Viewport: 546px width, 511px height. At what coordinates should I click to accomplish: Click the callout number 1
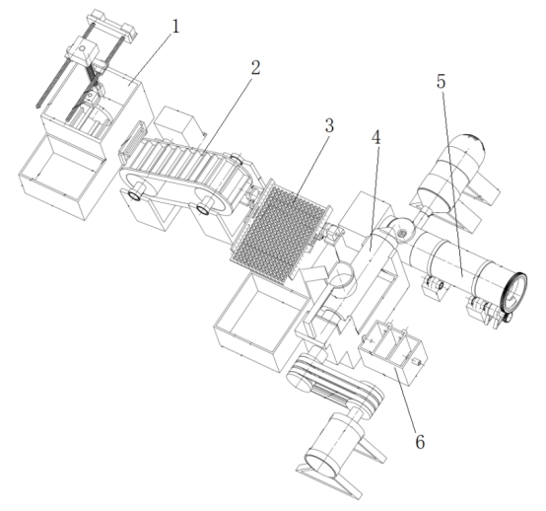pos(175,27)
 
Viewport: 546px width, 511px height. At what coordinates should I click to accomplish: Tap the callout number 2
pos(255,68)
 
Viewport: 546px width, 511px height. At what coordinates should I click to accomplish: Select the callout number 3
pos(329,125)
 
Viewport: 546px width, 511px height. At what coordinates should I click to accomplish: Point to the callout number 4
pos(376,138)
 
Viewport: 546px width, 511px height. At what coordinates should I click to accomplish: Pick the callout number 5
pos(441,82)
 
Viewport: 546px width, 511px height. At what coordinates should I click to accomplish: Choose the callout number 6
pos(420,442)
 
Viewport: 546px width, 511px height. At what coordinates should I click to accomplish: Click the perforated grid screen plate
pos(281,233)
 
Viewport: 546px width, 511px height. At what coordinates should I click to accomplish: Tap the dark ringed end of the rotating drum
pos(514,291)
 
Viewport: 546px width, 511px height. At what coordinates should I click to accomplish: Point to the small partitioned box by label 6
pos(392,351)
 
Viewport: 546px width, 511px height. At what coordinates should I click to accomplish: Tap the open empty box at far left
pos(63,176)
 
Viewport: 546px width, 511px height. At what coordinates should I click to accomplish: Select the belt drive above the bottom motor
pos(335,381)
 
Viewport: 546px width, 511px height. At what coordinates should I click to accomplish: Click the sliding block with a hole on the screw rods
pos(83,51)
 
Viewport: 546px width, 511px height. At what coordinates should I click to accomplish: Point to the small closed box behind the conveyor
pos(176,122)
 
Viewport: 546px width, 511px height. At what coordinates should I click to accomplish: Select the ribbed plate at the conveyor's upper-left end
pos(133,139)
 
